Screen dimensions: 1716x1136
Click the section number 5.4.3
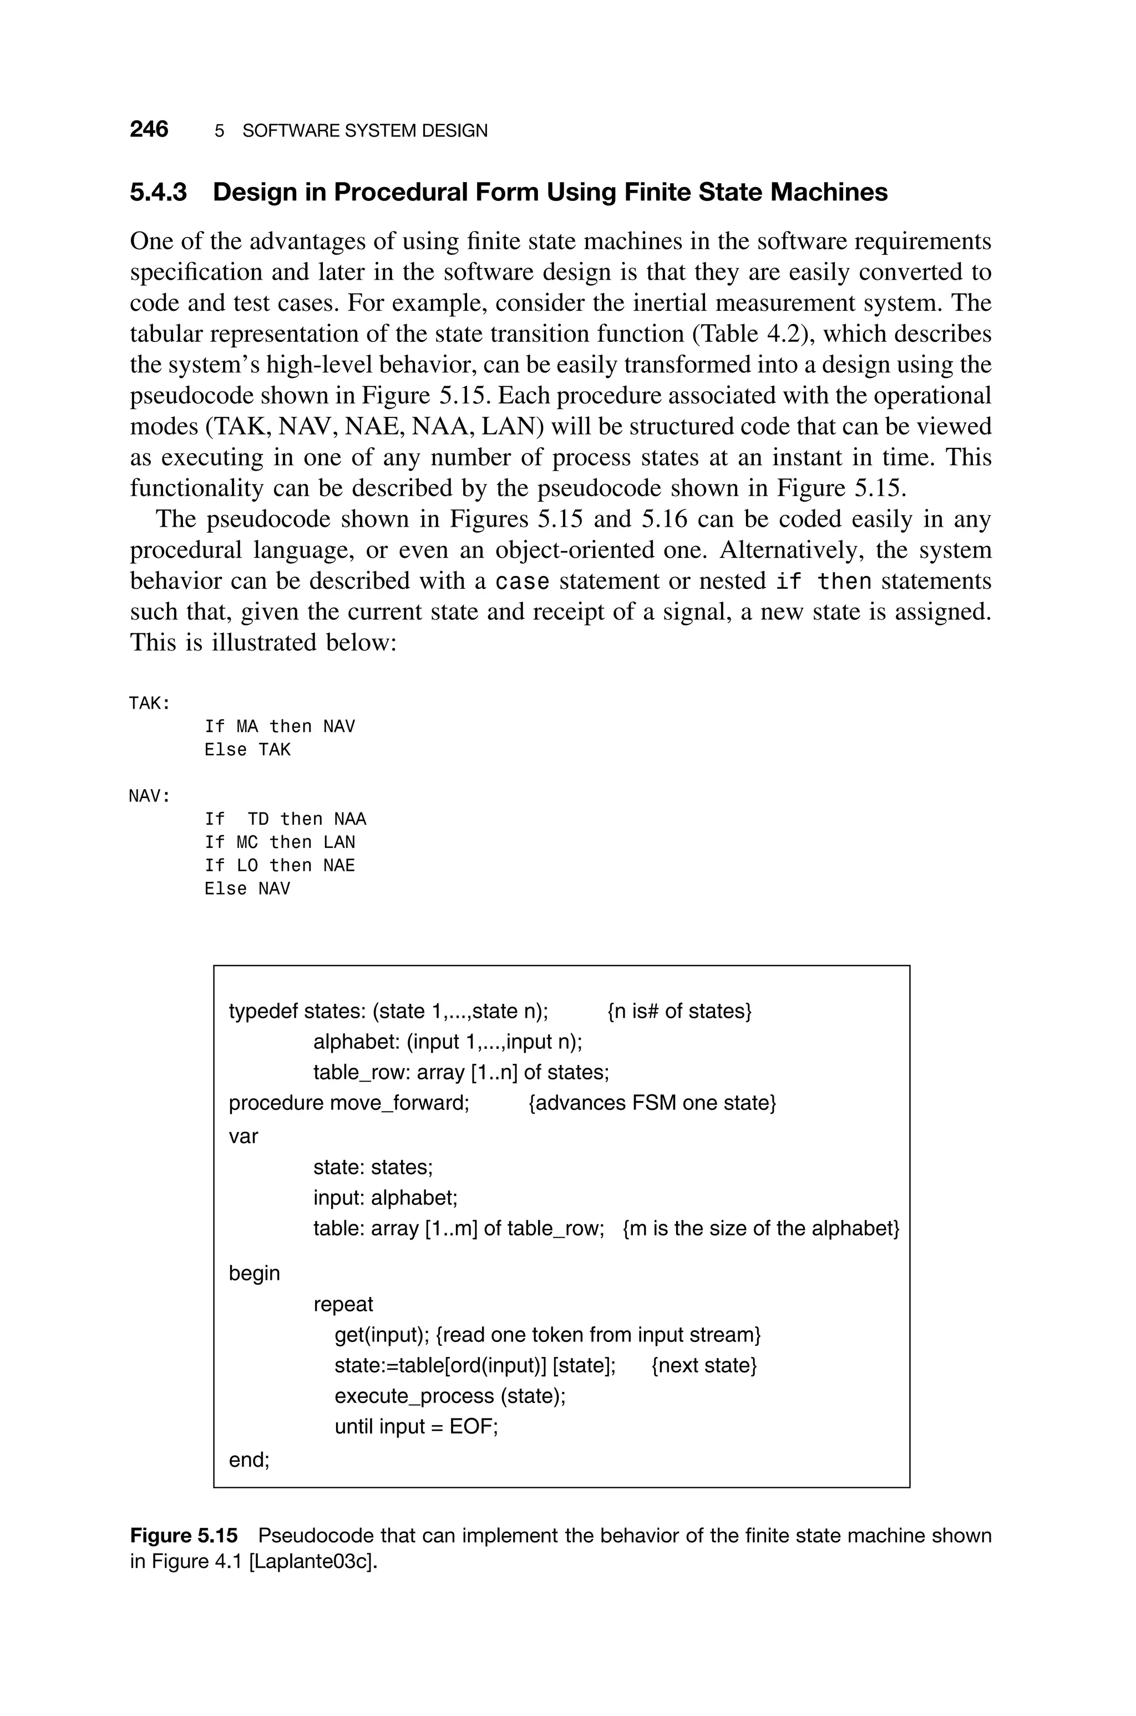tap(158, 193)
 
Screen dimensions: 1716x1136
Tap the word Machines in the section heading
tap(828, 193)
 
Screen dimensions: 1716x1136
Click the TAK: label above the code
tap(149, 704)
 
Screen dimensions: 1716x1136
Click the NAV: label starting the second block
tap(149, 796)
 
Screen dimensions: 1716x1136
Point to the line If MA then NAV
tap(280, 727)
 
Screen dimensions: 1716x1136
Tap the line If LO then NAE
tap(280, 866)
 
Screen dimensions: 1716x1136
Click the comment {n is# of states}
tap(679, 1011)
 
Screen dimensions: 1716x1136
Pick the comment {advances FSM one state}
tap(652, 1103)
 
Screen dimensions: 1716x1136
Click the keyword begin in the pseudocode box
tap(254, 1273)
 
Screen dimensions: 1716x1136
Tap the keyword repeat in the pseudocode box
tap(343, 1304)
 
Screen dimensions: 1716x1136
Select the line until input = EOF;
tap(416, 1427)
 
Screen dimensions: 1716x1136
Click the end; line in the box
tap(248, 1460)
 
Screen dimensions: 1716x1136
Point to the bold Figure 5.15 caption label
tap(183, 1535)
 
